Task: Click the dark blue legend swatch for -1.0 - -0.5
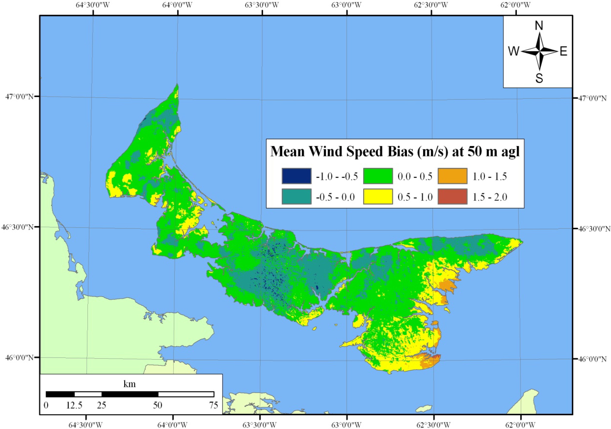pos(296,176)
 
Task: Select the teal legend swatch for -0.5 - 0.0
pos(296,196)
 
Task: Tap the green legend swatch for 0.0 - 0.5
pos(378,176)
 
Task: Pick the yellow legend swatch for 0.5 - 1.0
pos(378,196)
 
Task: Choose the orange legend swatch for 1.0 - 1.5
pos(452,176)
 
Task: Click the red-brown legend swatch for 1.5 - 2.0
pos(452,196)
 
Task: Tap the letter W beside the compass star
pos(514,51)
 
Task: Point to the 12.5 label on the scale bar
pos(74,405)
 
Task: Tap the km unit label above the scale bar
pos(130,384)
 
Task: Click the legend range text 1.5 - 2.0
pos(490,197)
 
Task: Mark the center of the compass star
pos(539,51)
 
